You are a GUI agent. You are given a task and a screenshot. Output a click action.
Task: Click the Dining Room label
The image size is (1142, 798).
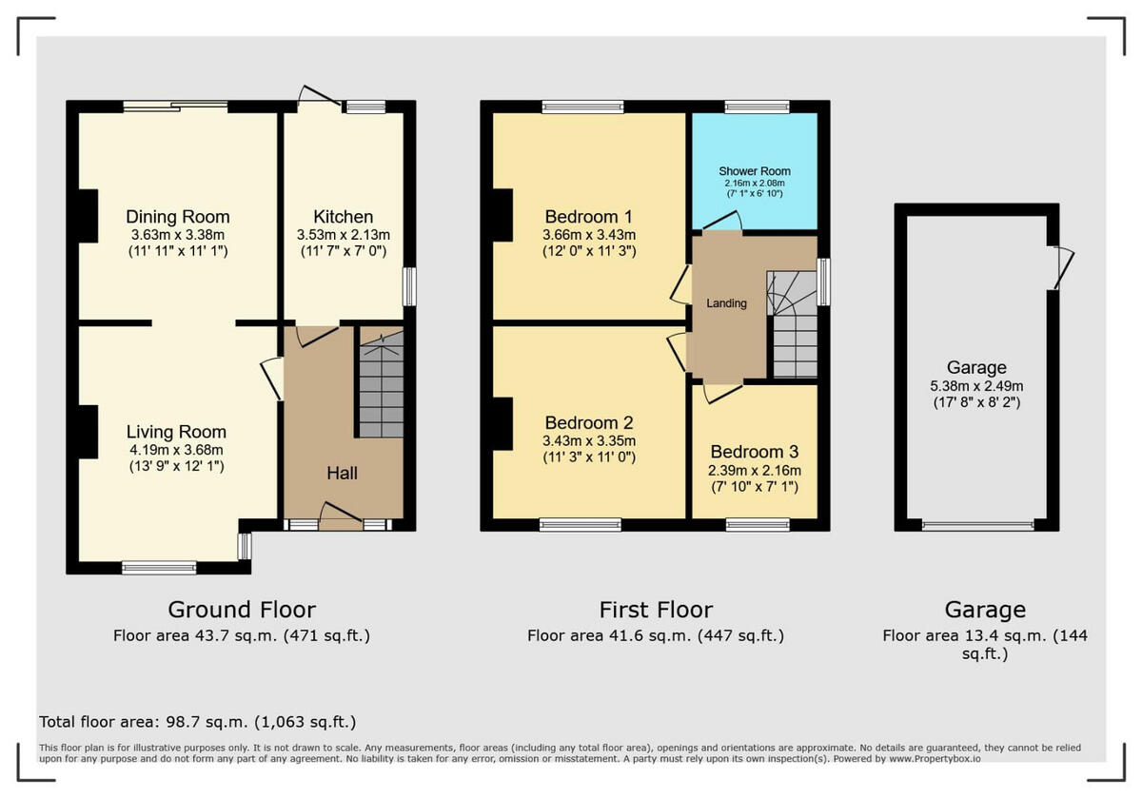point(178,217)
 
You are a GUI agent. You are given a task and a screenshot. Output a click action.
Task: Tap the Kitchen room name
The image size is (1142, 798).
point(344,217)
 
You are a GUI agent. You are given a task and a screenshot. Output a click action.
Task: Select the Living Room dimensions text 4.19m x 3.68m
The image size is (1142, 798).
point(177,450)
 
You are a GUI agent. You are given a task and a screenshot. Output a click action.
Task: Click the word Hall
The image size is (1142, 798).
point(343,473)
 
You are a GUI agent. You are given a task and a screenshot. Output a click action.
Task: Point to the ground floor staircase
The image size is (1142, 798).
point(381,385)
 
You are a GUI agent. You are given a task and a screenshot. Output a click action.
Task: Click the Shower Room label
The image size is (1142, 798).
point(754,171)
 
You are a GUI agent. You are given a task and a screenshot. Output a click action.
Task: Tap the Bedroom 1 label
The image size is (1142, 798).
point(589,216)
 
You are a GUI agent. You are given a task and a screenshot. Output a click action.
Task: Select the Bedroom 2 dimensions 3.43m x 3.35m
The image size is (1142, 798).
point(589,440)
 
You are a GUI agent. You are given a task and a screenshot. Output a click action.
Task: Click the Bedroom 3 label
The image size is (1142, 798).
point(755,452)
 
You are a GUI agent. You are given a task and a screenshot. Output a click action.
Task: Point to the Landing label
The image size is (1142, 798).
point(726,303)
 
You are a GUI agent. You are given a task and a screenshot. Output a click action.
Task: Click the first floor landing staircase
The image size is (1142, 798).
point(793,328)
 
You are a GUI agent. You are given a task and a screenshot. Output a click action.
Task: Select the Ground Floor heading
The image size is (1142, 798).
point(242,610)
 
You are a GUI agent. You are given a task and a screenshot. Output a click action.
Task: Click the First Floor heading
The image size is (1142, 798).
point(656,610)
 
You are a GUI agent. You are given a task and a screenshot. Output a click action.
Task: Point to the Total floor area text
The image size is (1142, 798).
point(198,722)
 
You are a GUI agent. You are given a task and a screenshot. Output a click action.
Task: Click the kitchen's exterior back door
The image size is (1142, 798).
point(319,97)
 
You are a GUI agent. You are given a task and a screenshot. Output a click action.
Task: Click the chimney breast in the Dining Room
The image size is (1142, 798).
point(88,216)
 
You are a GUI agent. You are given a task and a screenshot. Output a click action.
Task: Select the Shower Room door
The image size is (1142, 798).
point(722,221)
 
